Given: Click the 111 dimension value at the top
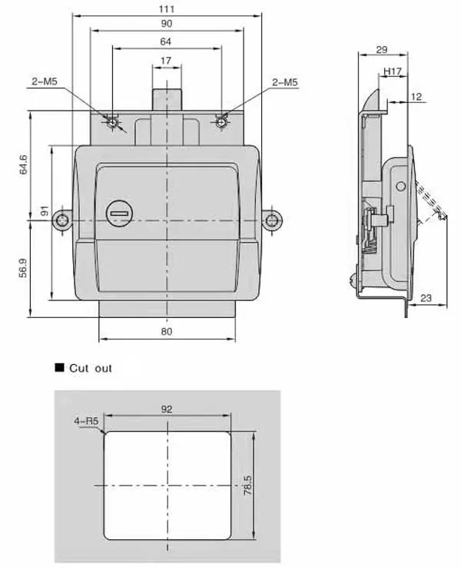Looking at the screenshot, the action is point(167,8).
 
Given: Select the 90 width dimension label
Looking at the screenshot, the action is point(167,24).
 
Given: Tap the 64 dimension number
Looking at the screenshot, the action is point(166,41).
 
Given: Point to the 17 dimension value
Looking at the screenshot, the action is point(166,61).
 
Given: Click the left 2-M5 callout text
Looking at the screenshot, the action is point(45,81).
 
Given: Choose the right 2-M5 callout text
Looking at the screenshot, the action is point(285,82).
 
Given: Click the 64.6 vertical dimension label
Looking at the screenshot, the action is point(23,164).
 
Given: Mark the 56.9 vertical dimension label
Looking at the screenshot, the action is point(23,268).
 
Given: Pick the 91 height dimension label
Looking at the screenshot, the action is point(45,210).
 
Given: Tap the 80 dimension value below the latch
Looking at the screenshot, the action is point(167,332).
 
